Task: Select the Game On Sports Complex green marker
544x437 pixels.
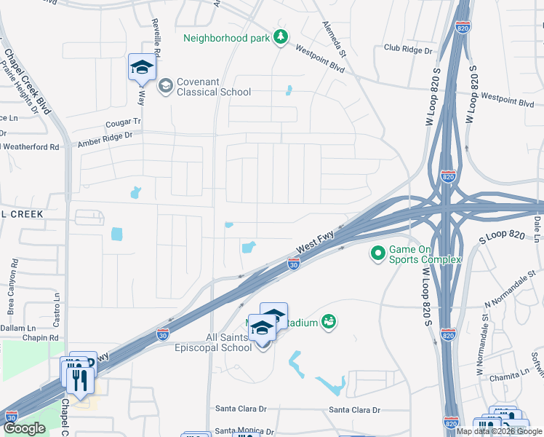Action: tap(377, 253)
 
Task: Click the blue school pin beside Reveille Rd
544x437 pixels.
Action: tap(142, 68)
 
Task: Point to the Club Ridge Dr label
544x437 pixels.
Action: tap(408, 50)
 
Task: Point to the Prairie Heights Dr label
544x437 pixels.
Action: tap(19, 86)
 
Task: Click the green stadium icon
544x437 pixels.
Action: tap(328, 321)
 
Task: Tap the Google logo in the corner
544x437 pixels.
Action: tap(24, 428)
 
